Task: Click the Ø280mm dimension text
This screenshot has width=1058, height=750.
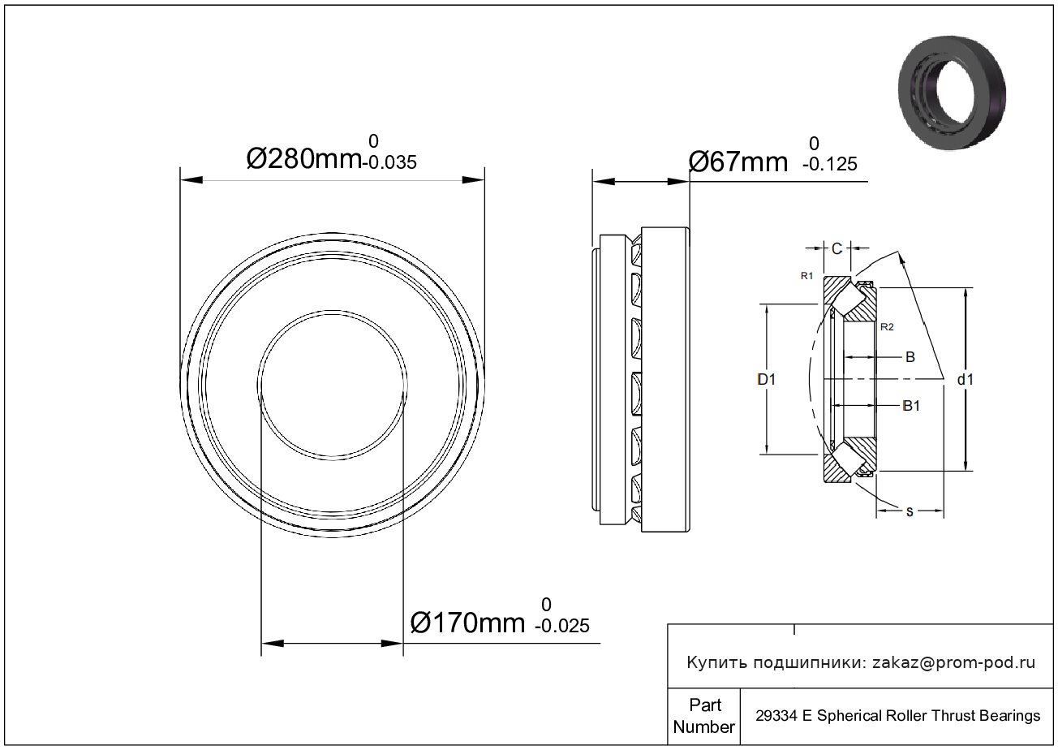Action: pyautogui.click(x=304, y=159)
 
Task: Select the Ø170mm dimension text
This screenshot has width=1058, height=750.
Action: pyautogui.click(x=467, y=623)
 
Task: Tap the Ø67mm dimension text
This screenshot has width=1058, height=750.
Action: pyautogui.click(x=738, y=162)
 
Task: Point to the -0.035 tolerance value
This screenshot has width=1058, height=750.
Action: pyautogui.click(x=389, y=162)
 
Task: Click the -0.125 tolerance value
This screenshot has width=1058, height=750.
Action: pyautogui.click(x=830, y=165)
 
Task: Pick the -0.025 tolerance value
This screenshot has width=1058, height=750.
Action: pyautogui.click(x=562, y=626)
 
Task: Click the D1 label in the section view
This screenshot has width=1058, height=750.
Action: pyautogui.click(x=766, y=380)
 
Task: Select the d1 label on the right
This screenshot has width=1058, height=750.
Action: pyautogui.click(x=966, y=380)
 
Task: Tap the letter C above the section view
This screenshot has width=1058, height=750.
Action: pyautogui.click(x=837, y=248)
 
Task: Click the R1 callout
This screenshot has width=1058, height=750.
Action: pyautogui.click(x=806, y=276)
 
